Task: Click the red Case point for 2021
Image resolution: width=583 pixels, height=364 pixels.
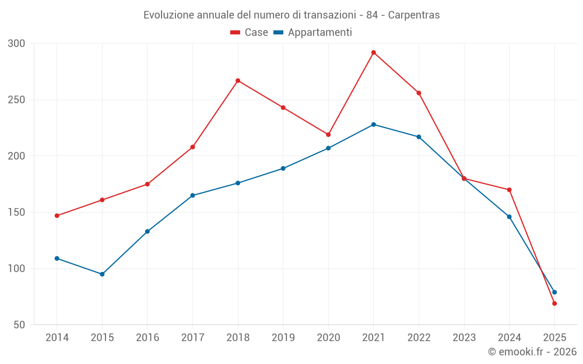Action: click(374, 52)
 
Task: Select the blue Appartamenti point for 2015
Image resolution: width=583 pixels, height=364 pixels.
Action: click(102, 274)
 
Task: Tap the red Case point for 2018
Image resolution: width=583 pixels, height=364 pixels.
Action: click(238, 80)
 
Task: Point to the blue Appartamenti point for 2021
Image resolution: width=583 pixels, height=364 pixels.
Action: click(374, 125)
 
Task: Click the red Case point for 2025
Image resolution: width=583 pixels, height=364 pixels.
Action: click(554, 303)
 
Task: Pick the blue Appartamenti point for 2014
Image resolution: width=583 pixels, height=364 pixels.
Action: click(57, 259)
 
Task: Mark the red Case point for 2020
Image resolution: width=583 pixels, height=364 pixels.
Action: click(328, 135)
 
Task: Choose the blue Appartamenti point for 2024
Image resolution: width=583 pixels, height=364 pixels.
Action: click(510, 217)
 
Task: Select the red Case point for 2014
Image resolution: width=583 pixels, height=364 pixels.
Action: click(57, 215)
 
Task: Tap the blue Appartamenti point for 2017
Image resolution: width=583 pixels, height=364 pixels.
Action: click(192, 196)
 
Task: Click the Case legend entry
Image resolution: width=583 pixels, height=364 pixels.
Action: click(250, 33)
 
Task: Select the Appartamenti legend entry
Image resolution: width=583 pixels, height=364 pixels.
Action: click(314, 33)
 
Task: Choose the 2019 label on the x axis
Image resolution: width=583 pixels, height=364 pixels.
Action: click(283, 338)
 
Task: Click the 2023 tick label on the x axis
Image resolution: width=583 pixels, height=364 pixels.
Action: click(464, 338)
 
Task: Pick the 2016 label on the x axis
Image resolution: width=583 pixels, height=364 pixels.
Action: click(147, 338)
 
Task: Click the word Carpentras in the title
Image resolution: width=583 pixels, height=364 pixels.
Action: click(413, 15)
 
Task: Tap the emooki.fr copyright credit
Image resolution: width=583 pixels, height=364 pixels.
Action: click(532, 352)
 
